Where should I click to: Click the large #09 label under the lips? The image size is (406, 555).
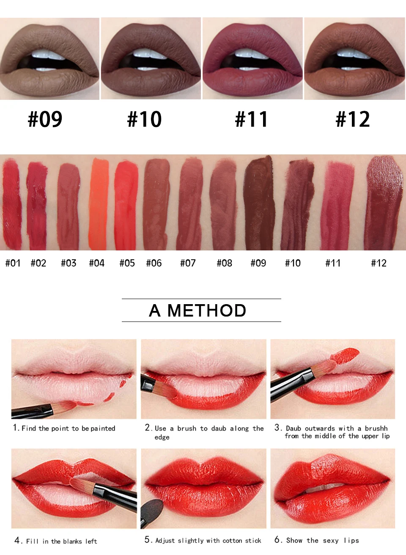pyautogui.click(x=45, y=119)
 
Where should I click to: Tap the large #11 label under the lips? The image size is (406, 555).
pyautogui.click(x=251, y=119)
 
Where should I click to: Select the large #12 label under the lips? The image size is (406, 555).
pyautogui.click(x=353, y=119)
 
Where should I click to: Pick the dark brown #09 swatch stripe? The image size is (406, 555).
pyautogui.click(x=258, y=203)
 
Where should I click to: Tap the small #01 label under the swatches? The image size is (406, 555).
pyautogui.click(x=13, y=263)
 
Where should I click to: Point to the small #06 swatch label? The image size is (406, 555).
pyautogui.click(x=154, y=263)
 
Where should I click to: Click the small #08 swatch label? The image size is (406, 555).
pyautogui.click(x=225, y=263)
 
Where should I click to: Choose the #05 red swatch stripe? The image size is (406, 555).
pyautogui.click(x=126, y=205)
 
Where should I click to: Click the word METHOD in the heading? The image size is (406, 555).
pyautogui.click(x=207, y=310)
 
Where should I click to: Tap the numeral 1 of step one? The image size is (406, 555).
pyautogui.click(x=15, y=428)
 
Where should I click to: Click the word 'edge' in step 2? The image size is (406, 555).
pyautogui.click(x=162, y=437)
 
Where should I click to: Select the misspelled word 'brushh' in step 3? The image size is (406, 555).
pyautogui.click(x=376, y=429)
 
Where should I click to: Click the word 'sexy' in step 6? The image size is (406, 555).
pyautogui.click(x=331, y=541)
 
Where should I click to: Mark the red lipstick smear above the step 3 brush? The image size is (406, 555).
pyautogui.click(x=345, y=356)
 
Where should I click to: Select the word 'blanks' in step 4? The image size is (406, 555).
pyautogui.click(x=72, y=541)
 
